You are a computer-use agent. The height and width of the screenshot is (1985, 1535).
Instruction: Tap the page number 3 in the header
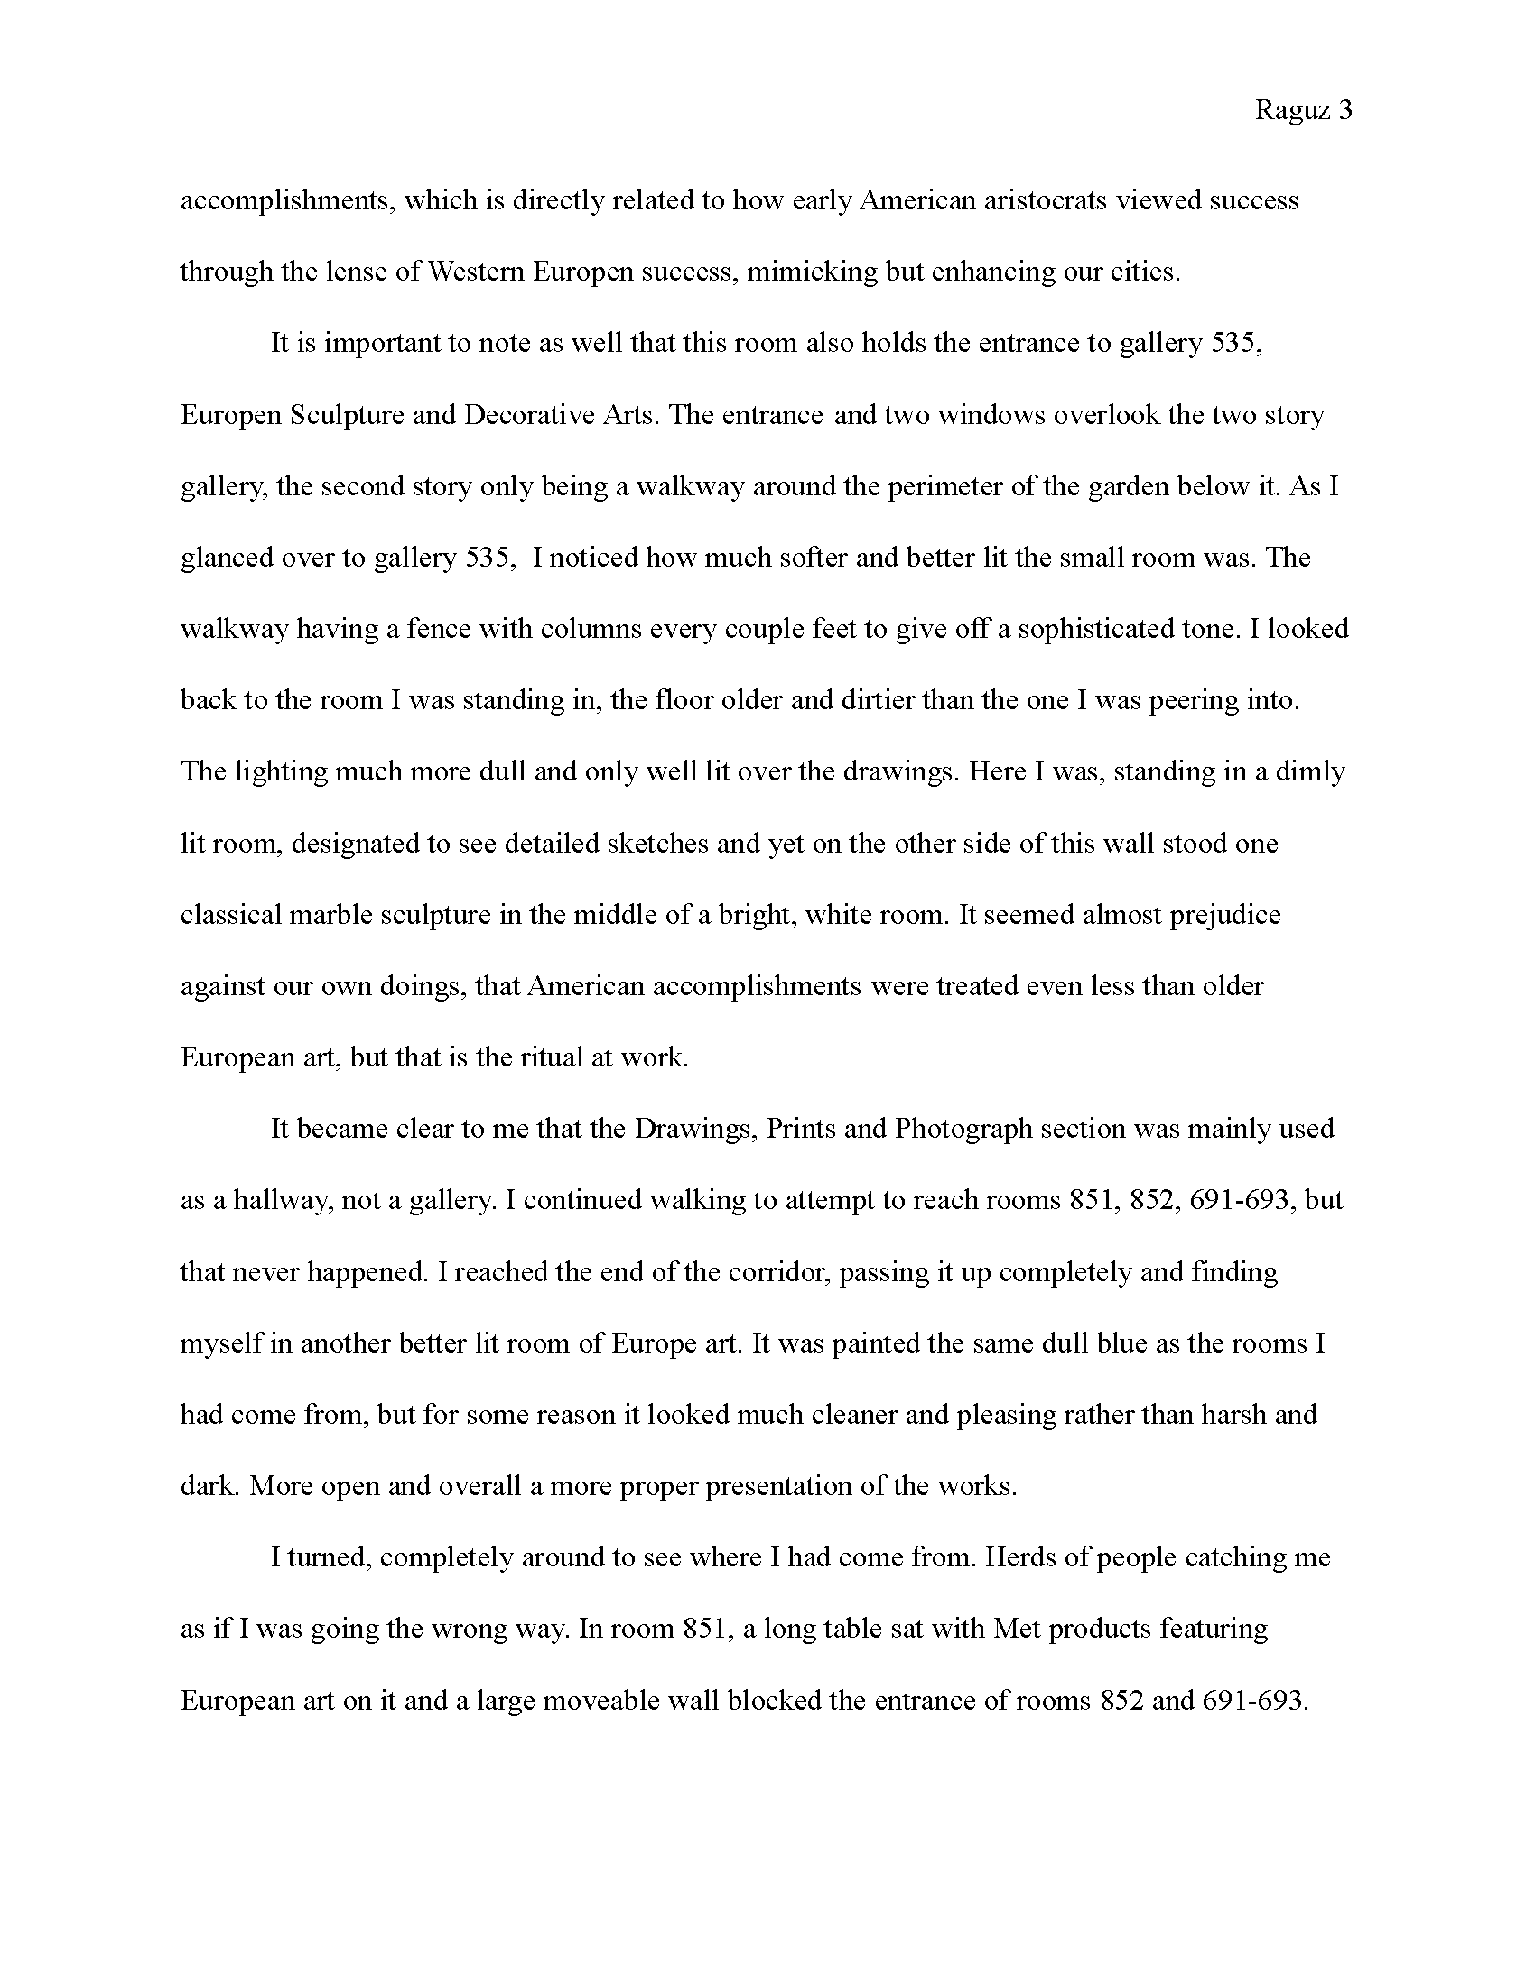[1345, 110]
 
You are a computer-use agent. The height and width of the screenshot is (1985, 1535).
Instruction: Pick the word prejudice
[1225, 914]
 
